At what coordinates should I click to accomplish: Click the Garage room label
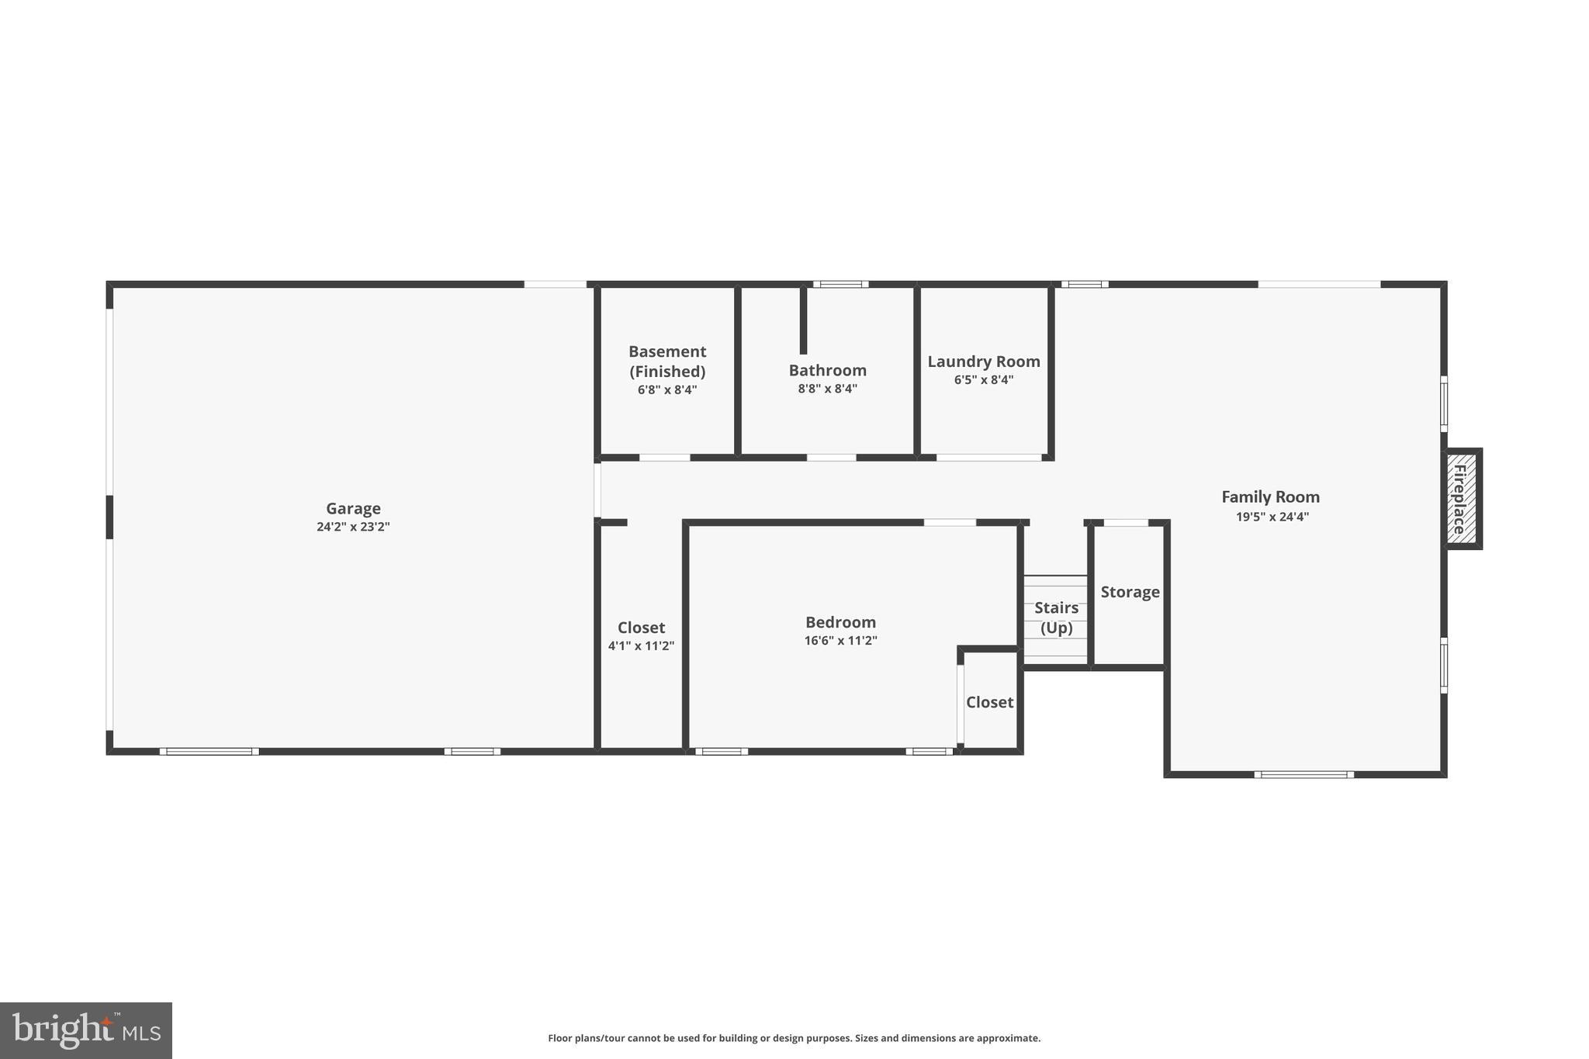point(353,508)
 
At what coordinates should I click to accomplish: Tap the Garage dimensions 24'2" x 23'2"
point(353,527)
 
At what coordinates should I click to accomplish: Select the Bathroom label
point(827,370)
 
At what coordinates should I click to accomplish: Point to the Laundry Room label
point(983,362)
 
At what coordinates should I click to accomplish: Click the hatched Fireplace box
point(1461,498)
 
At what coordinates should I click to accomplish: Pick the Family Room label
point(1270,497)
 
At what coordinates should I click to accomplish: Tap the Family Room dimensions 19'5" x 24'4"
point(1272,517)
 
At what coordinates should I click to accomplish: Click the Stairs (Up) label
point(1056,618)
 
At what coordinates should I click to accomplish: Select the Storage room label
point(1130,592)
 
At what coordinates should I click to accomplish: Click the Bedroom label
point(840,622)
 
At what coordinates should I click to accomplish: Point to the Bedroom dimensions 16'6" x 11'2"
point(840,641)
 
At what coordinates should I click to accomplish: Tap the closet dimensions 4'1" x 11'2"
point(641,645)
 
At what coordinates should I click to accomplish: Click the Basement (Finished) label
point(667,361)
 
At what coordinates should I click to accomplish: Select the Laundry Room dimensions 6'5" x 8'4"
point(983,380)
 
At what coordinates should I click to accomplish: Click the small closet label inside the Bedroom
point(989,702)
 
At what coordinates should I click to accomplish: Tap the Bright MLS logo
point(86,1030)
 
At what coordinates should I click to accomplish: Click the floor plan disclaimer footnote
point(794,1038)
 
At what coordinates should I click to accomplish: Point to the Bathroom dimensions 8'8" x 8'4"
point(827,389)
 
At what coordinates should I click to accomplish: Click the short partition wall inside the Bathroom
point(803,320)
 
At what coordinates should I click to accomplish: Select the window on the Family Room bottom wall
point(1303,774)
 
